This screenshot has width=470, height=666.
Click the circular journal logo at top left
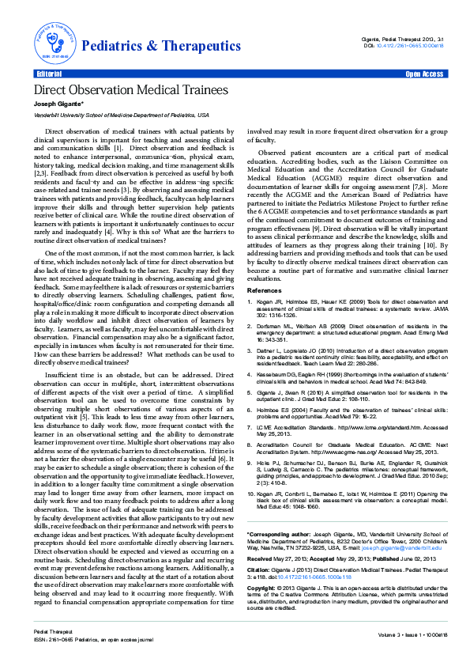tap(52, 37)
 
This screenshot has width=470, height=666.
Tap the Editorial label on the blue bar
tap(49, 74)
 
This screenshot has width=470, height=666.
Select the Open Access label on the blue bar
tap(423, 74)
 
